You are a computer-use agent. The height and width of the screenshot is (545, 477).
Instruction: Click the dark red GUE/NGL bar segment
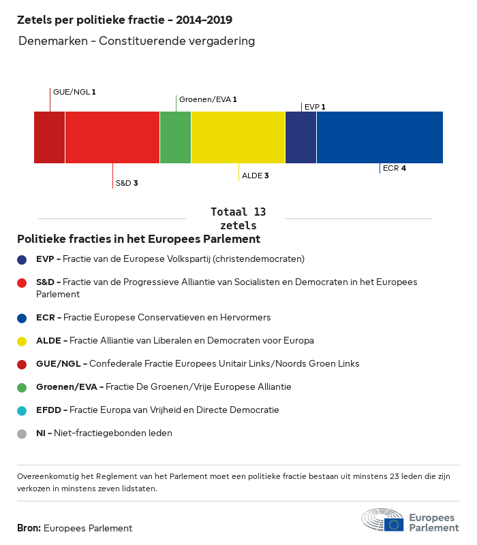click(50, 137)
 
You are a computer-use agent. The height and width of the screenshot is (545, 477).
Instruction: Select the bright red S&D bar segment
click(112, 137)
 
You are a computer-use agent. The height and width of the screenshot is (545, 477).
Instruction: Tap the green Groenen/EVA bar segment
click(175, 137)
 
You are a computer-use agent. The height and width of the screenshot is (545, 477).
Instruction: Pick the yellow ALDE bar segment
click(238, 137)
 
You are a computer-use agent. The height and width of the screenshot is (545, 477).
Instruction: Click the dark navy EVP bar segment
click(301, 137)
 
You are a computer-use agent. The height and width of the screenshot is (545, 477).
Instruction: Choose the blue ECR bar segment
click(380, 137)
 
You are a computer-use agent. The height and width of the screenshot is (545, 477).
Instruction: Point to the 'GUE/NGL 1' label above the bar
click(74, 91)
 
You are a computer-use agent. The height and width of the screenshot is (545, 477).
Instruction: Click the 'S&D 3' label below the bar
click(127, 183)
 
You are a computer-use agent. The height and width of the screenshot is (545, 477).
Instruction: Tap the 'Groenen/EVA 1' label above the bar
click(208, 99)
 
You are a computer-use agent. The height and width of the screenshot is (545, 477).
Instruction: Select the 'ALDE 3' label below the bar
click(256, 176)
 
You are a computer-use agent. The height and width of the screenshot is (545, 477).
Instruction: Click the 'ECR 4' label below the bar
click(395, 168)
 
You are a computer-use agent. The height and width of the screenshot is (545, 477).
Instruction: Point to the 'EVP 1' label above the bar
click(315, 107)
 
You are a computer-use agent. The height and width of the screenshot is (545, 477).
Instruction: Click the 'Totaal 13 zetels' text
click(238, 218)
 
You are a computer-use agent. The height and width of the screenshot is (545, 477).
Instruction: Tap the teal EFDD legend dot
click(22, 410)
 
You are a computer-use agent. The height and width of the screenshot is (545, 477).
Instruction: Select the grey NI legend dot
click(22, 433)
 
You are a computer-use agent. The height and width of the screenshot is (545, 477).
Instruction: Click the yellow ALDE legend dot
click(22, 341)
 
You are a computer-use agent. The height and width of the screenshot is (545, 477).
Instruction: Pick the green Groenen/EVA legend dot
click(22, 387)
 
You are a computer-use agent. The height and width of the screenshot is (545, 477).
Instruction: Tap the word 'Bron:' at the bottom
click(29, 528)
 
